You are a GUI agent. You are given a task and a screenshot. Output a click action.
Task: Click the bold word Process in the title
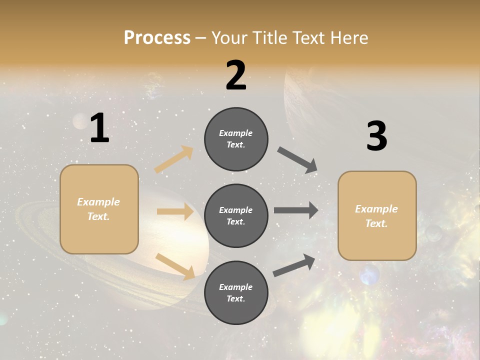157,37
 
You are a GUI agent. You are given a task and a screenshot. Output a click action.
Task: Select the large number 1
99,128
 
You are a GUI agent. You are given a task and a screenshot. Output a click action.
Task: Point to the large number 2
236,75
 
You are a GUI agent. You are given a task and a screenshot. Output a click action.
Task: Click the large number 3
376,136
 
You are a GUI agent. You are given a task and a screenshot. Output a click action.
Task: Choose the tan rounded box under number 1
99,209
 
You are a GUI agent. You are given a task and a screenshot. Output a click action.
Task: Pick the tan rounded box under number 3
377,215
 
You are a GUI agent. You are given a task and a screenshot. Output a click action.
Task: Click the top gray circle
236,139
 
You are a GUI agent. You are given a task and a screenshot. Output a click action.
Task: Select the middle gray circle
236,215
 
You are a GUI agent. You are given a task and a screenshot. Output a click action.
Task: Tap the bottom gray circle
236,292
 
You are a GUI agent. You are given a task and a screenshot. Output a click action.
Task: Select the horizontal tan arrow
175,211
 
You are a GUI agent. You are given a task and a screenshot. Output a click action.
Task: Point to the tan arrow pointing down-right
175,266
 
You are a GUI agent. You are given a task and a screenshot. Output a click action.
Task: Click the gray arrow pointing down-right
297,160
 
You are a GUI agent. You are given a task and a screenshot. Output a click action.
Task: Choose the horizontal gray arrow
296,210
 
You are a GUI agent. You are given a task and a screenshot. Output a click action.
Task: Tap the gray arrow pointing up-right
294,265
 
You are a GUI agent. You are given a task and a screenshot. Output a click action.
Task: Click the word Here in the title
348,37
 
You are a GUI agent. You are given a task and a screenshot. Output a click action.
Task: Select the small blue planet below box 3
369,275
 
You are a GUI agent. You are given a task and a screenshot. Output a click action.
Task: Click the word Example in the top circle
236,133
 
